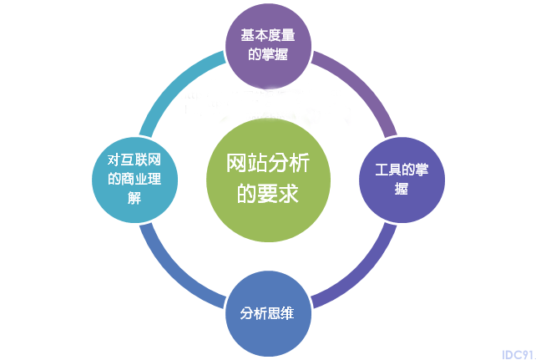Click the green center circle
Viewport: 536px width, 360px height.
[x=268, y=180]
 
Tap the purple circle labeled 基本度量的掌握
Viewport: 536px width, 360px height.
[x=268, y=46]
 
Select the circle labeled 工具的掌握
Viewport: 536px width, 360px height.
[x=402, y=180]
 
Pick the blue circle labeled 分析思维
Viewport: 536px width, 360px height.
[x=268, y=313]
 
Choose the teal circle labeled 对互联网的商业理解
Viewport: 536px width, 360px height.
[x=134, y=180]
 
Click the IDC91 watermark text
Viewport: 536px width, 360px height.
[x=518, y=354]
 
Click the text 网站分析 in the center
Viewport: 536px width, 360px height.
[x=268, y=163]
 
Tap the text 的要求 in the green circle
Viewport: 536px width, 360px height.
[x=268, y=193]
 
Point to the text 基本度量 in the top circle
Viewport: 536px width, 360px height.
[x=268, y=35]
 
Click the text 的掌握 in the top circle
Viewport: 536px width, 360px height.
[x=268, y=54]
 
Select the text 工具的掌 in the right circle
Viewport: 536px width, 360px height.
[x=402, y=170]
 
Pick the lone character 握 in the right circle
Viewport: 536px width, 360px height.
[x=402, y=189]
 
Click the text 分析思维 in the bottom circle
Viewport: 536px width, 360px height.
[x=267, y=313]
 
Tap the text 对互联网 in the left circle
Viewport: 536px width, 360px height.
[x=134, y=160]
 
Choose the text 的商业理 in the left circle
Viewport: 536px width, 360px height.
[x=134, y=179]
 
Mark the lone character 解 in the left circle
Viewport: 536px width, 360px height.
[x=134, y=198]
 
